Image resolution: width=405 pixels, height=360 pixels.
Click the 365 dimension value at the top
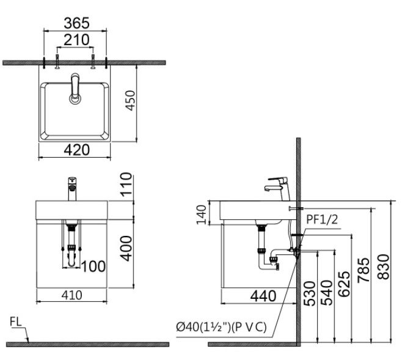click(77, 23)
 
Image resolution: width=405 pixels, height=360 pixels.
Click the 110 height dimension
click(126, 185)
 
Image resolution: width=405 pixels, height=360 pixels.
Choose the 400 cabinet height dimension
click(126, 248)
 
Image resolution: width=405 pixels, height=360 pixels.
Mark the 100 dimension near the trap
click(93, 266)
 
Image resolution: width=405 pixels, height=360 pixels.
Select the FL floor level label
click(17, 321)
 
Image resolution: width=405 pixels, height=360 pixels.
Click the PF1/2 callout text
click(322, 218)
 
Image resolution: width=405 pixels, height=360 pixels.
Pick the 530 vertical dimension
click(310, 295)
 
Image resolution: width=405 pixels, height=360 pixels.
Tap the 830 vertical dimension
click(382, 267)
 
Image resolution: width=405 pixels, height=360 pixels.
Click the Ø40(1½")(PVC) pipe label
click(221, 328)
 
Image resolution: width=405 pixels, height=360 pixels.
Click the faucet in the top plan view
click(75, 89)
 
